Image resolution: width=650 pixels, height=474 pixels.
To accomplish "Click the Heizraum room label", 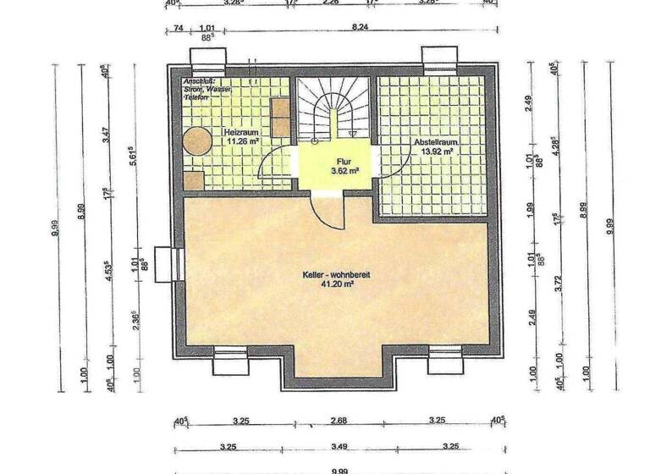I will [x=240, y=133].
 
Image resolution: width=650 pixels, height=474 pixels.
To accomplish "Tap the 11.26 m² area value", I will [x=240, y=142].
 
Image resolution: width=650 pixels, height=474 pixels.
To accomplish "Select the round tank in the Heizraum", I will [x=198, y=141].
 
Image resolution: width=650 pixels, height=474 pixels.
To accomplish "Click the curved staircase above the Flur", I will [x=333, y=110].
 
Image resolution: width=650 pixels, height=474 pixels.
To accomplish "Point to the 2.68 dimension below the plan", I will [x=338, y=420].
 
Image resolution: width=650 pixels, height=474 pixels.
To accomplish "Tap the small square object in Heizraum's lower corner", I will [x=193, y=179].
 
